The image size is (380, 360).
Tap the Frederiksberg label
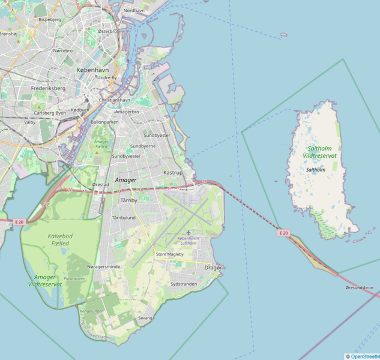click(48, 88)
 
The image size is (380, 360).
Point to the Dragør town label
click(213, 267)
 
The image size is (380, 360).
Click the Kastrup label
click(173, 172)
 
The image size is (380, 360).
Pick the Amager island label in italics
click(125, 180)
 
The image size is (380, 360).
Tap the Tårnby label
click(128, 200)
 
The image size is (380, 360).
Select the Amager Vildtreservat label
click(48, 280)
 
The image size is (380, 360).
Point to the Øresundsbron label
click(359, 288)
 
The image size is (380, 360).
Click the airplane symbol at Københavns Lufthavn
click(188, 232)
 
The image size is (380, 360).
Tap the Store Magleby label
click(169, 254)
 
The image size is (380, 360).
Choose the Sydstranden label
click(184, 284)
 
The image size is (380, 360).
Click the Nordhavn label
click(134, 11)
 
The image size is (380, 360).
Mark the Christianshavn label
click(114, 100)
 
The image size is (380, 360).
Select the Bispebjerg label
click(50, 19)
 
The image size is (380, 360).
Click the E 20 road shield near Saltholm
click(283, 233)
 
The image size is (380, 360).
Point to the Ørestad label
click(100, 184)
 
